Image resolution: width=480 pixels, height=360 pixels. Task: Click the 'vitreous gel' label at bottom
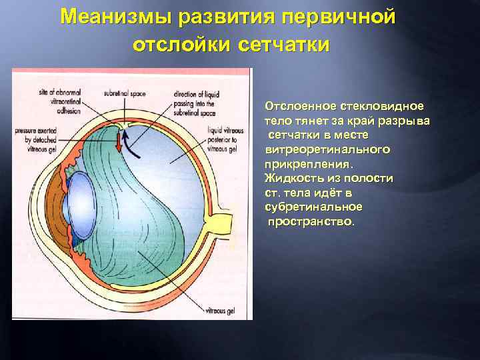218,310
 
